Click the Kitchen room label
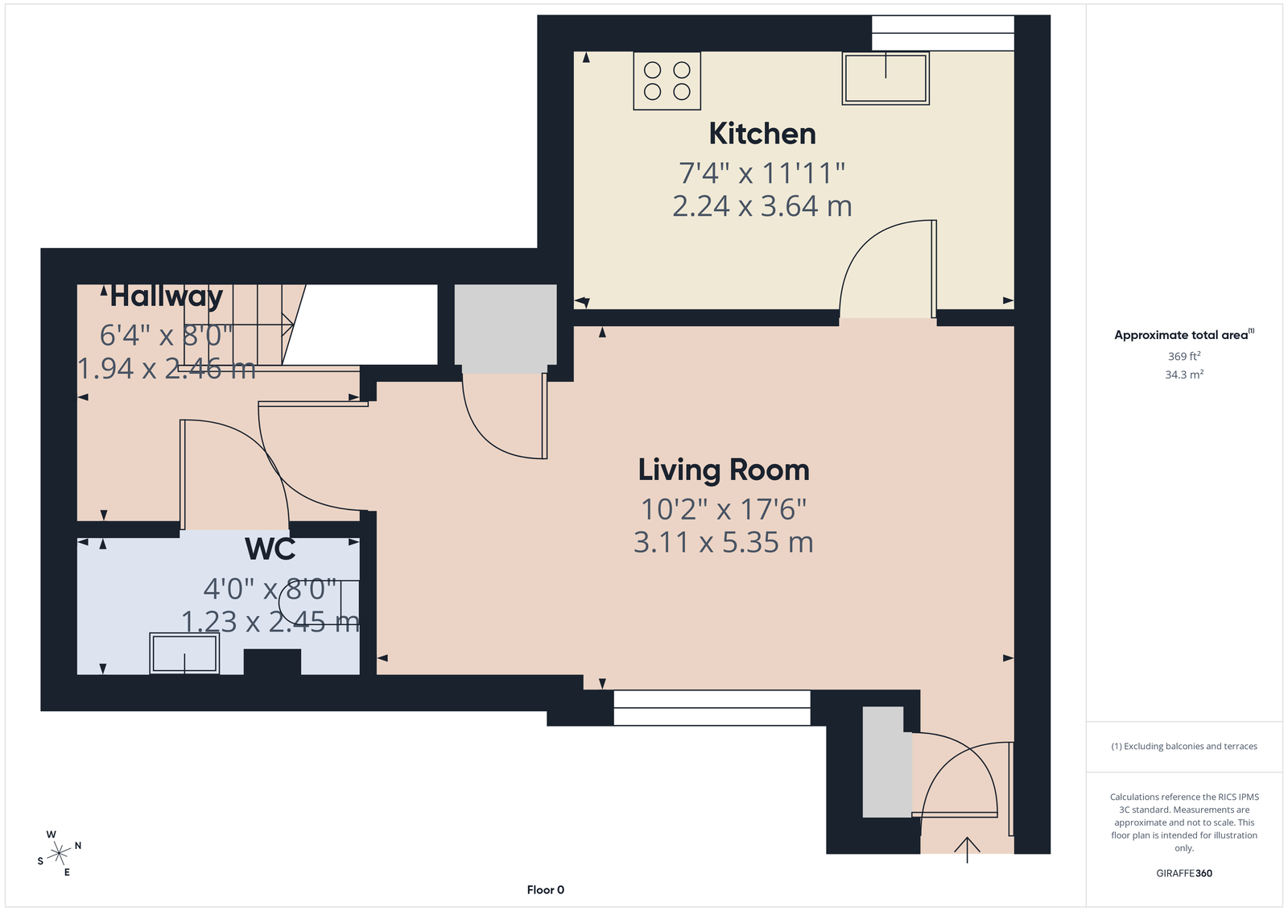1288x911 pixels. [x=762, y=134]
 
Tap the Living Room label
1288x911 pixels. [x=724, y=470]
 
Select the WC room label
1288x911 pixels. [x=270, y=549]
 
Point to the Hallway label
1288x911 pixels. [x=166, y=297]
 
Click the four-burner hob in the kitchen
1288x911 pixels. [x=667, y=81]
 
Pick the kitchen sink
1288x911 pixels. [x=885, y=78]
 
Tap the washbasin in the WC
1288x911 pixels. [x=184, y=653]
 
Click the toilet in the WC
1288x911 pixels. [x=319, y=602]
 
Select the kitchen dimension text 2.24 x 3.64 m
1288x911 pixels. [x=762, y=206]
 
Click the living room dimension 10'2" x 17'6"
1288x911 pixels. [x=724, y=509]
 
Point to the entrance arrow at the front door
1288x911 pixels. [x=967, y=850]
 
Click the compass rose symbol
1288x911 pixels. [x=60, y=853]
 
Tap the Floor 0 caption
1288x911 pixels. [x=546, y=890]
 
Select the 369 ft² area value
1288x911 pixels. [x=1184, y=356]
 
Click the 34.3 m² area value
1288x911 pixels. [x=1184, y=375]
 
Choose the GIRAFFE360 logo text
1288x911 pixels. [x=1184, y=873]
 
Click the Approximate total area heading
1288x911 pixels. [x=1184, y=334]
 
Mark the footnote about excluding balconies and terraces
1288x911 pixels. [x=1184, y=746]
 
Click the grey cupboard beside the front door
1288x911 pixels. [x=887, y=762]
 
